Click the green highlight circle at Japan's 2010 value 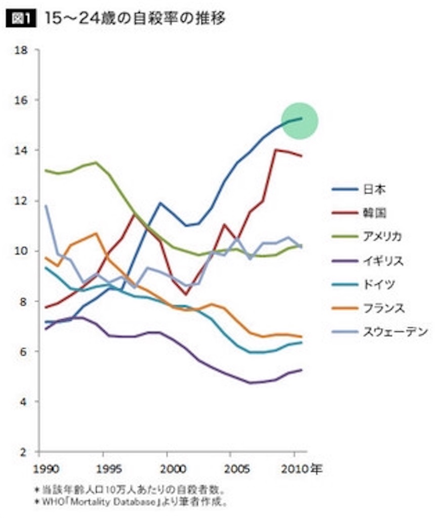[x=299, y=120]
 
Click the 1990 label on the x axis [x=41, y=469]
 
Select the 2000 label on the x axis [x=168, y=469]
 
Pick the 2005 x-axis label [x=231, y=469]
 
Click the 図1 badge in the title [x=19, y=19]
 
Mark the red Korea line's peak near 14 [x=275, y=150]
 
